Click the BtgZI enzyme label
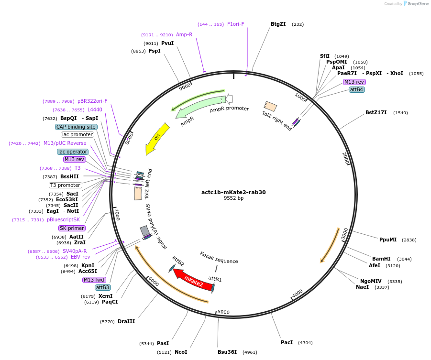point(278,24)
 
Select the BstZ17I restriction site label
point(376,113)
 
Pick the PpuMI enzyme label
point(388,240)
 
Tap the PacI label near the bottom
point(287,343)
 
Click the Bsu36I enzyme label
point(227,352)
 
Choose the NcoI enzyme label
point(181,352)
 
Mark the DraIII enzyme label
point(126,322)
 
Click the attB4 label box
point(357,89)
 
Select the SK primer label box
point(72,228)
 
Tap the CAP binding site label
point(77,127)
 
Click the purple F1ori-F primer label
point(236,24)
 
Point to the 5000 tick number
point(224,312)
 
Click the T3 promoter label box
point(66,185)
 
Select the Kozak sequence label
point(219,258)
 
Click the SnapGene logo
point(415,4)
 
